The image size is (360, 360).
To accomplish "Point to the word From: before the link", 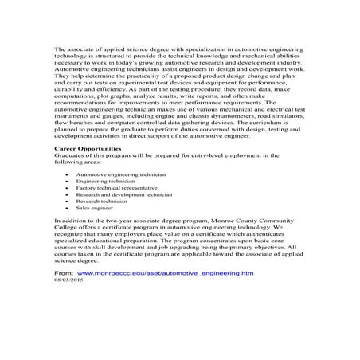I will [63, 272].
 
